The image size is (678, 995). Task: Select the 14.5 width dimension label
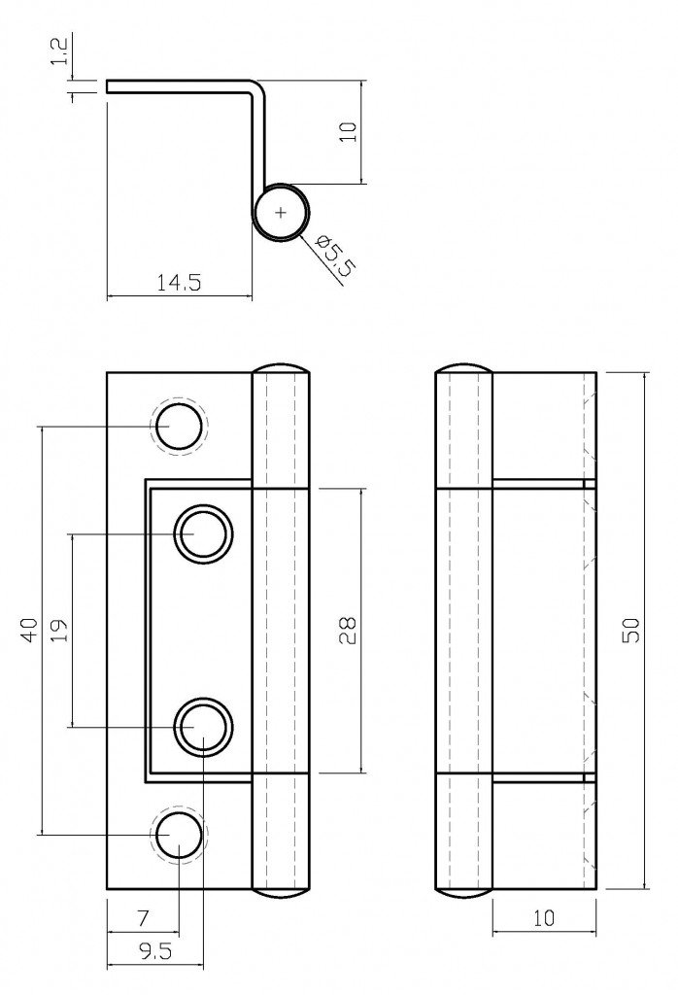point(178,284)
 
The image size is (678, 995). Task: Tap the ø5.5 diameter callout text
point(333,255)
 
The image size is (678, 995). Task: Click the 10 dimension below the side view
point(544,917)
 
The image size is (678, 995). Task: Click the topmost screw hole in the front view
point(180,427)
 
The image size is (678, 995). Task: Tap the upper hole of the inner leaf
point(203,534)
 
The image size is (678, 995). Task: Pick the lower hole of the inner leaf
point(203,726)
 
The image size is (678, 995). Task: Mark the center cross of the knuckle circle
point(282,211)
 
